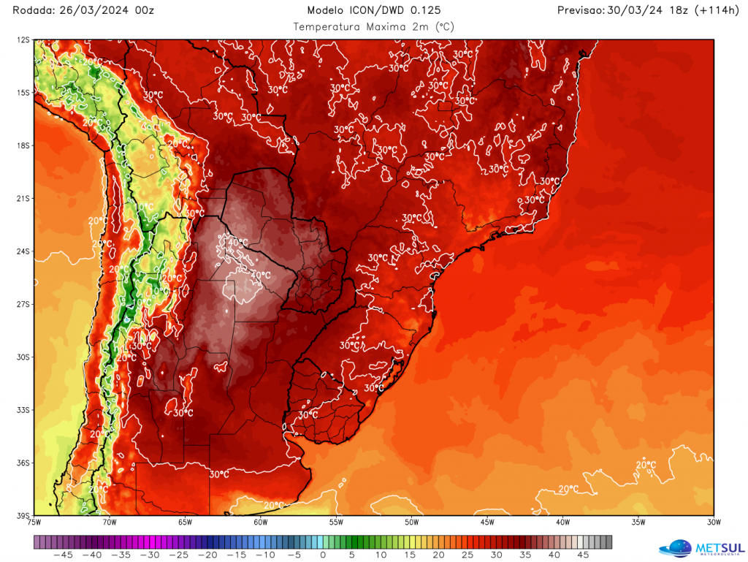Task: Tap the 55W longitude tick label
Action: pyautogui.click(x=336, y=523)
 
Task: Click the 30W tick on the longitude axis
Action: pyautogui.click(x=714, y=523)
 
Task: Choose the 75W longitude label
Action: pyautogui.click(x=34, y=523)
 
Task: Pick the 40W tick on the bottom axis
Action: pyautogui.click(x=562, y=523)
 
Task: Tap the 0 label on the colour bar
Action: pyautogui.click(x=323, y=555)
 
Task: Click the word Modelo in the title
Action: pyautogui.click(x=326, y=10)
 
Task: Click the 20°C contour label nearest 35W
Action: pyautogui.click(x=646, y=465)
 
